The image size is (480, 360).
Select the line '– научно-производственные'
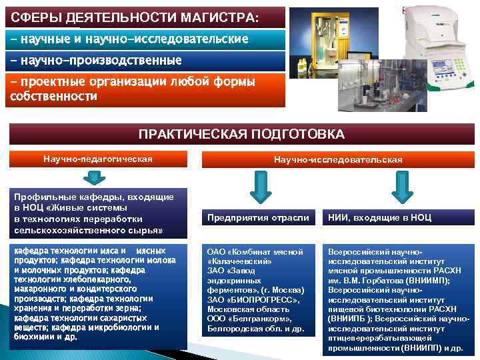click(x=96, y=61)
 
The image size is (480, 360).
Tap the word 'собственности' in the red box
click(x=53, y=97)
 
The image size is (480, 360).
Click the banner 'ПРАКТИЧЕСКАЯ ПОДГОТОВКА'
click(x=241, y=134)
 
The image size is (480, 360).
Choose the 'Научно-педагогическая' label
click(x=97, y=159)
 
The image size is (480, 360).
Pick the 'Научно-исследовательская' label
click(x=338, y=160)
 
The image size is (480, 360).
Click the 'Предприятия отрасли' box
click(x=258, y=218)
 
